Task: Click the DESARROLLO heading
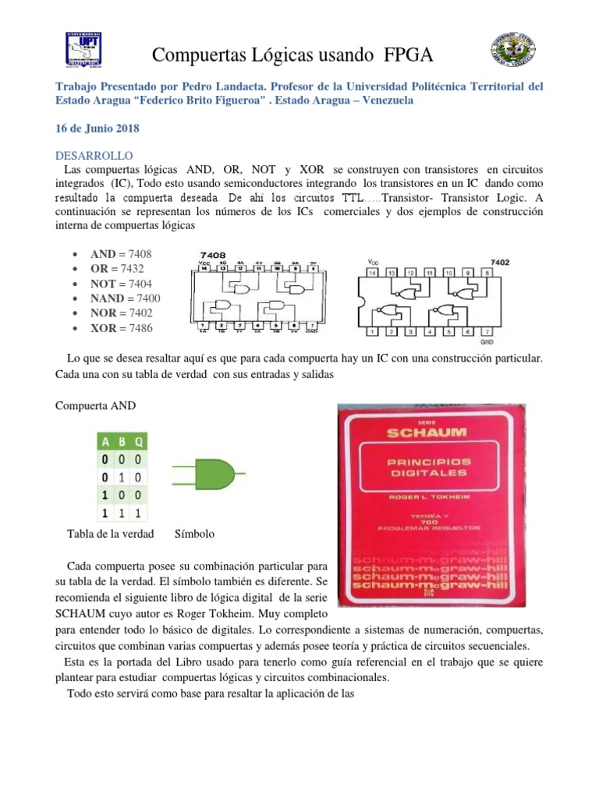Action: click(x=94, y=156)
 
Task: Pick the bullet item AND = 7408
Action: click(x=121, y=254)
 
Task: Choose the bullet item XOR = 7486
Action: click(x=121, y=328)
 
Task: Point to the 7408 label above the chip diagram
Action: click(x=213, y=255)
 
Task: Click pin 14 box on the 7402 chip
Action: click(x=373, y=274)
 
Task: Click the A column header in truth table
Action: click(x=106, y=440)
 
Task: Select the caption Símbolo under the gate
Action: click(x=194, y=535)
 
